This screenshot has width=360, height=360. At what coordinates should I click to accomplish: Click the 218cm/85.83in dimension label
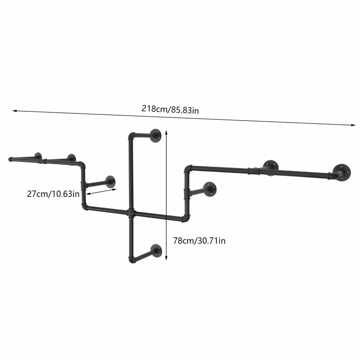point(170,109)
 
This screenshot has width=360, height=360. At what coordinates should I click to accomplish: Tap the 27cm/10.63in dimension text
point(53,194)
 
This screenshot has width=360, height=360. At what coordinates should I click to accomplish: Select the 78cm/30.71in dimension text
point(199,240)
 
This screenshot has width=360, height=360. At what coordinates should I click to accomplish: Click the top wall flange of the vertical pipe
point(156,136)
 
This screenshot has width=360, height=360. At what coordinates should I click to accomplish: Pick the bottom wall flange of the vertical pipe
point(156,251)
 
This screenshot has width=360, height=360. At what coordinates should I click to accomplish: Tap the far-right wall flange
point(342,173)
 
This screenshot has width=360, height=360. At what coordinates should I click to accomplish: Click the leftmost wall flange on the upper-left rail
point(38,156)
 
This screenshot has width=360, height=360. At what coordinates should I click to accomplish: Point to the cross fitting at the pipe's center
point(131,213)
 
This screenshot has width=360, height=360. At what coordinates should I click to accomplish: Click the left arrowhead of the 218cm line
point(14,111)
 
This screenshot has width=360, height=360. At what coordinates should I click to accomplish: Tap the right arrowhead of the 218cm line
point(354,125)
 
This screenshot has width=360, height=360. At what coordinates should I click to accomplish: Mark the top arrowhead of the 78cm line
point(166,132)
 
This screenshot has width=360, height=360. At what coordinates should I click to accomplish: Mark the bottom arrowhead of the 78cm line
point(166,258)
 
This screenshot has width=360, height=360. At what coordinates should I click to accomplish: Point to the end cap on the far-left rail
point(10,159)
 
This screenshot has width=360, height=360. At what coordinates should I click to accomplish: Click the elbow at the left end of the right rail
point(188,169)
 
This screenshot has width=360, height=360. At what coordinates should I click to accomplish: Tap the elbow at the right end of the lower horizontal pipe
point(186,219)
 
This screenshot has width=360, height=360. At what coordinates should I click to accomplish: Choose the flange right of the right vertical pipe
point(210,189)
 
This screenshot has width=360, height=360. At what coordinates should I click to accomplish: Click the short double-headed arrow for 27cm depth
point(102,192)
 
